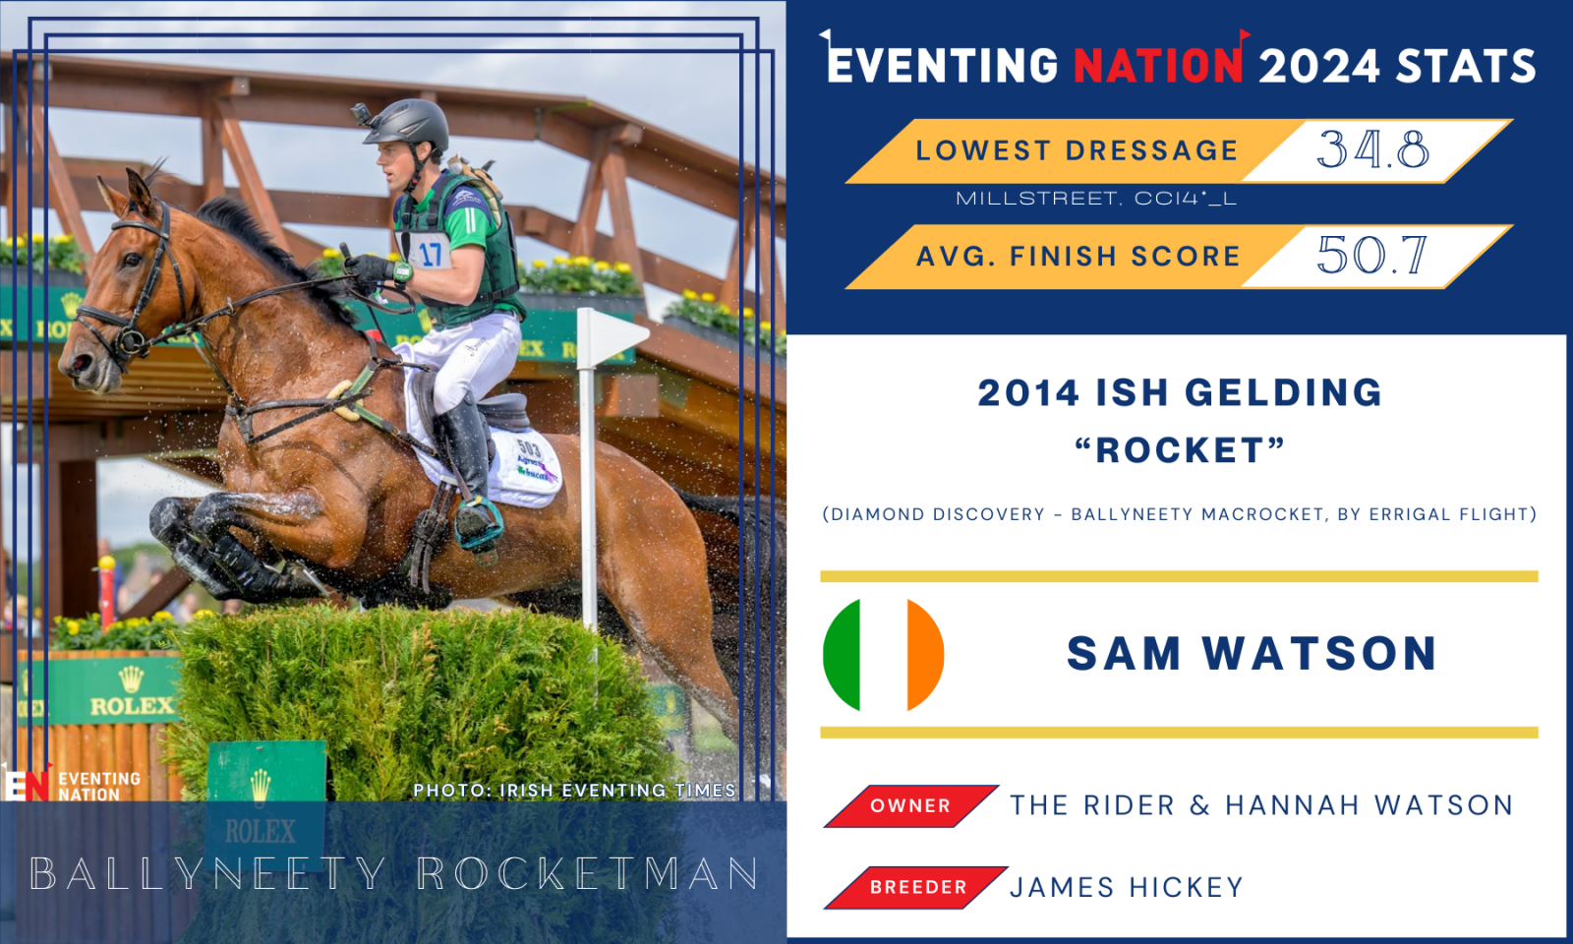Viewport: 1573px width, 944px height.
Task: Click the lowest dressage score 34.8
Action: click(1372, 149)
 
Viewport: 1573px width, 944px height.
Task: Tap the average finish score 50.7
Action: click(1372, 255)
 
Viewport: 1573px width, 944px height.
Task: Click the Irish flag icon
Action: click(884, 655)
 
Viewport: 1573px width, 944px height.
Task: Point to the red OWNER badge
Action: click(910, 805)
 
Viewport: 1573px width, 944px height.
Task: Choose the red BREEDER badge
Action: click(916, 887)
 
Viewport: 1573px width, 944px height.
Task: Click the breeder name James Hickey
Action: click(1127, 887)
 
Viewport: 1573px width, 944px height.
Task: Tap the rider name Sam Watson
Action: click(1252, 653)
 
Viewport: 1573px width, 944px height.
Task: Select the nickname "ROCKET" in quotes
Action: click(1180, 450)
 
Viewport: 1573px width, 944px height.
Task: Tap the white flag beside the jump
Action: click(612, 335)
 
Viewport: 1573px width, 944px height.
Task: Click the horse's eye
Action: click(132, 260)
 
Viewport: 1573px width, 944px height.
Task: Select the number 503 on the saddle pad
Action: click(528, 448)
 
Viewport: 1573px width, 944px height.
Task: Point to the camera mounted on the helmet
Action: click(361, 113)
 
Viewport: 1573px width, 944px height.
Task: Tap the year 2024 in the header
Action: click(1319, 66)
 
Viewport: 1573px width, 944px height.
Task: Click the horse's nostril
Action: click(81, 363)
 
